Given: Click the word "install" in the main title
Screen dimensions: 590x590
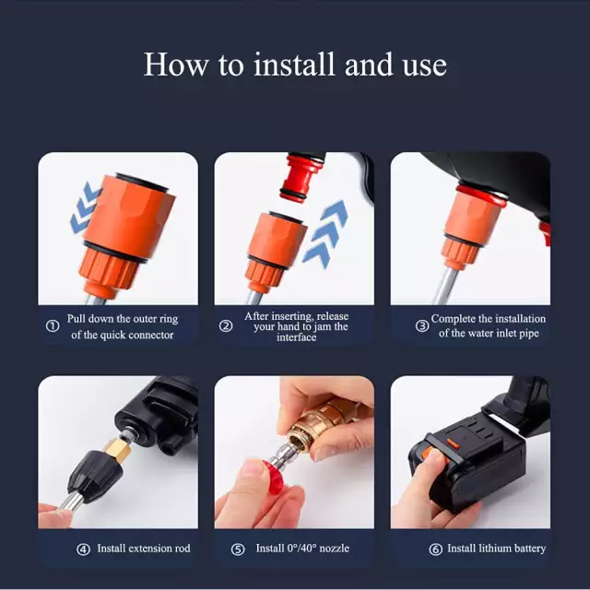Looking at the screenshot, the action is pyautogui.click(x=294, y=65).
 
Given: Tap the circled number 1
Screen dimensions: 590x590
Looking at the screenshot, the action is pyautogui.click(x=53, y=325).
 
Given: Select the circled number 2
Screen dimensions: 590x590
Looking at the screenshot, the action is pyautogui.click(x=226, y=325).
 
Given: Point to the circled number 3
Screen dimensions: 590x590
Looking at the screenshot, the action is pyautogui.click(x=422, y=325).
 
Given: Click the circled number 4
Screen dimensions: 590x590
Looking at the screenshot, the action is pyautogui.click(x=83, y=549).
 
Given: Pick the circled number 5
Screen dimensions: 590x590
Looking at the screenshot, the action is pyautogui.click(x=238, y=549).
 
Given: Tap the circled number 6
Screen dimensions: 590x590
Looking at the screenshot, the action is pyautogui.click(x=436, y=549).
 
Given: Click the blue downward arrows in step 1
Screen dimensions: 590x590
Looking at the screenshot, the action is pyautogui.click(x=85, y=208).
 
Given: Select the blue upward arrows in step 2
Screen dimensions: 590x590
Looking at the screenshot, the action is pyautogui.click(x=325, y=233).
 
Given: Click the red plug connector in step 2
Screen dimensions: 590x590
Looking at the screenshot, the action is pyautogui.click(x=301, y=177).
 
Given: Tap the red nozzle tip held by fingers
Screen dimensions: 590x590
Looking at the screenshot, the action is pyautogui.click(x=275, y=477).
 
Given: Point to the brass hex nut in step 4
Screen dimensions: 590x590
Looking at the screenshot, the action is pyautogui.click(x=117, y=449).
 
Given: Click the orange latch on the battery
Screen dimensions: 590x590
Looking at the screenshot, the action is pyautogui.click(x=453, y=444).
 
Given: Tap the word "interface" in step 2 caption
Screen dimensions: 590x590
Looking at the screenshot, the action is pyautogui.click(x=297, y=337).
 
